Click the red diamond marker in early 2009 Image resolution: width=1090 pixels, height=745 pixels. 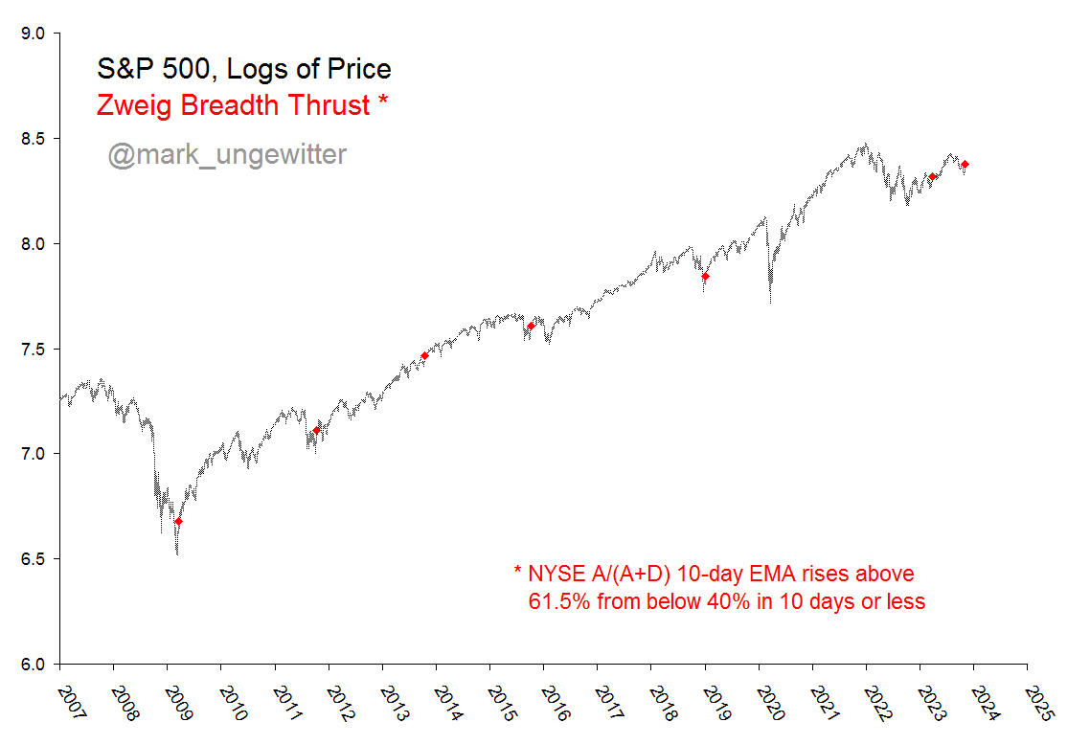click(178, 522)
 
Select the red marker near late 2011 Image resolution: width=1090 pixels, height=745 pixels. click(317, 431)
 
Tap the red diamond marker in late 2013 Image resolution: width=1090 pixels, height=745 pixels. click(424, 356)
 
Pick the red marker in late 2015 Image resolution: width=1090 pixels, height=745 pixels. click(531, 326)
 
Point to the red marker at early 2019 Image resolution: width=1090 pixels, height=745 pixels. click(705, 276)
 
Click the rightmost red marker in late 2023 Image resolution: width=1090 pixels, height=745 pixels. click(965, 165)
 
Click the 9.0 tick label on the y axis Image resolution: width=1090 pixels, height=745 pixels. click(34, 34)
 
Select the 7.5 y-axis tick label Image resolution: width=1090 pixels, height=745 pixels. click(34, 350)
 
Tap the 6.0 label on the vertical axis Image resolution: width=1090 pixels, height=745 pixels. click(34, 665)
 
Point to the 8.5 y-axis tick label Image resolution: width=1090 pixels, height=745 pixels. click(34, 139)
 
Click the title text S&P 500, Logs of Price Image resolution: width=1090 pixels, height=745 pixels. click(243, 69)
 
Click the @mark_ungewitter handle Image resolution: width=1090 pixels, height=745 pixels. click(227, 154)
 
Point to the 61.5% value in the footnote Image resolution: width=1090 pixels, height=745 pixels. click(560, 602)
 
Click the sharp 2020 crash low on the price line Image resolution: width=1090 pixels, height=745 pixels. click(770, 301)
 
